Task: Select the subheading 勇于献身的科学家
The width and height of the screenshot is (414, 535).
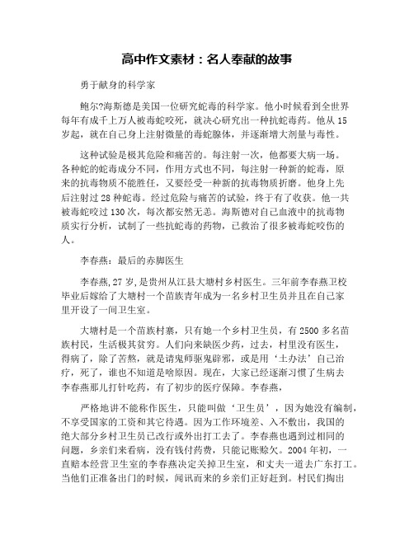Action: [122, 85]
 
